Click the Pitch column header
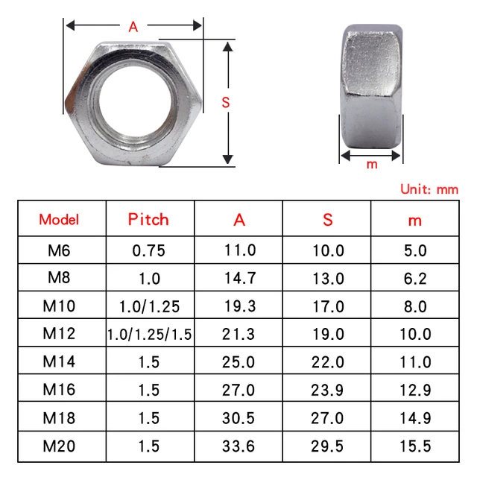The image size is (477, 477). [x=148, y=219]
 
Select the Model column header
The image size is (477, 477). [x=59, y=220]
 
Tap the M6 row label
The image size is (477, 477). [x=59, y=250]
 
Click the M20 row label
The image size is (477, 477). [x=59, y=447]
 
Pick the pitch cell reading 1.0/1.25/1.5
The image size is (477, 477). [x=149, y=335]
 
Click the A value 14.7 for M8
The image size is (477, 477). [x=240, y=279]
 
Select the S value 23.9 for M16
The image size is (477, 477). [x=328, y=391]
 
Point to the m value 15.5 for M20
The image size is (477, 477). [x=415, y=447]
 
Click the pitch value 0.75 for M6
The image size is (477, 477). [x=148, y=250]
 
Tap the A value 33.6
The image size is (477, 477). [x=240, y=447]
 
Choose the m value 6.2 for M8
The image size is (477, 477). [x=415, y=279]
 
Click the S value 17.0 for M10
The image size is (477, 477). [x=328, y=306]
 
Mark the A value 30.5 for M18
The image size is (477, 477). [x=240, y=419]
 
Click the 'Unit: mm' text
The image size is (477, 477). [x=429, y=189]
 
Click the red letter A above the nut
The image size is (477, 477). [x=133, y=27]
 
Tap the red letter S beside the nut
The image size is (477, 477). [x=226, y=104]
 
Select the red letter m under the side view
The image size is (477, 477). [x=372, y=165]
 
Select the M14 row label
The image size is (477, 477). [x=59, y=363]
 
